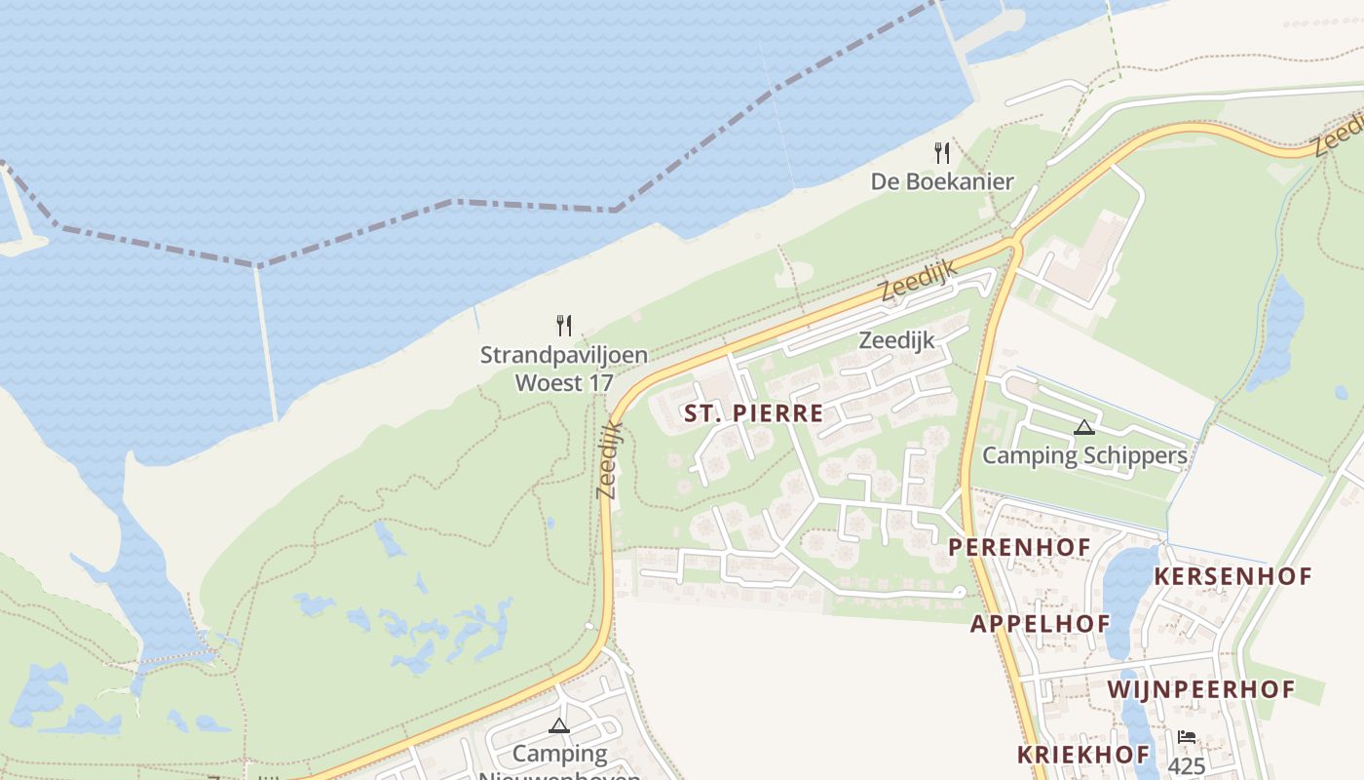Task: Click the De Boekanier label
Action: [x=941, y=181]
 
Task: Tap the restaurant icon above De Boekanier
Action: [x=941, y=153]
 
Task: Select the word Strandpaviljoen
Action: [x=563, y=355]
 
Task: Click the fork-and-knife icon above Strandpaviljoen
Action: [x=563, y=326]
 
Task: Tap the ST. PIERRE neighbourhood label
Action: [x=753, y=413]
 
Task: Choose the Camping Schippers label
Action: [x=1084, y=455]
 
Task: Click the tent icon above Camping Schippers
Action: [x=1083, y=427]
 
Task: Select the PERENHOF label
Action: [x=1019, y=547]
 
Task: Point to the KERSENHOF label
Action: [x=1232, y=576]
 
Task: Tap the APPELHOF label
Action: [x=1040, y=624]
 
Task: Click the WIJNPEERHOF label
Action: [x=1200, y=690]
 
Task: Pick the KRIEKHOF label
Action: [x=1083, y=754]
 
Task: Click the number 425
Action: [x=1186, y=765]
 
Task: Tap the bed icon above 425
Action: [x=1186, y=738]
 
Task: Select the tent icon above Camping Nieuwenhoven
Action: [x=558, y=725]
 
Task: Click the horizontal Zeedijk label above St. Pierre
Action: [x=896, y=340]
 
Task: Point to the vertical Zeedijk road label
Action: [x=608, y=460]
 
